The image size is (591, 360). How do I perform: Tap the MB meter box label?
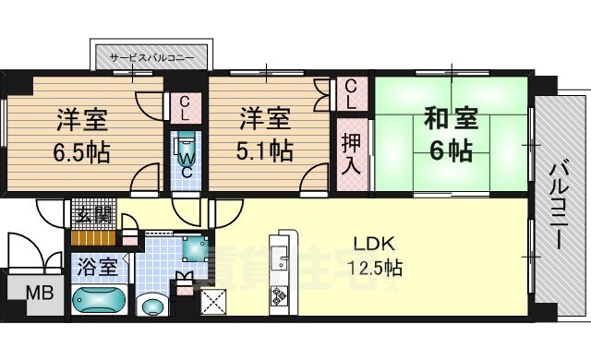click(x=37, y=296)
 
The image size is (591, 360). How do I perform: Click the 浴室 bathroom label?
click(x=96, y=268)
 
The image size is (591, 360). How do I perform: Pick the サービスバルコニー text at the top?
click(x=151, y=57)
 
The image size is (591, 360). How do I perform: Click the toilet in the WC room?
click(x=185, y=147)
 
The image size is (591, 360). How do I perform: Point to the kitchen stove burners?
click(x=278, y=297)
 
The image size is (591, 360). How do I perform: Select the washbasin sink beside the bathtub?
click(x=149, y=306)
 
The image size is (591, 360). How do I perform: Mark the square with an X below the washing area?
click(x=213, y=301)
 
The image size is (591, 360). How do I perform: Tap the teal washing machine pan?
click(x=195, y=247)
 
